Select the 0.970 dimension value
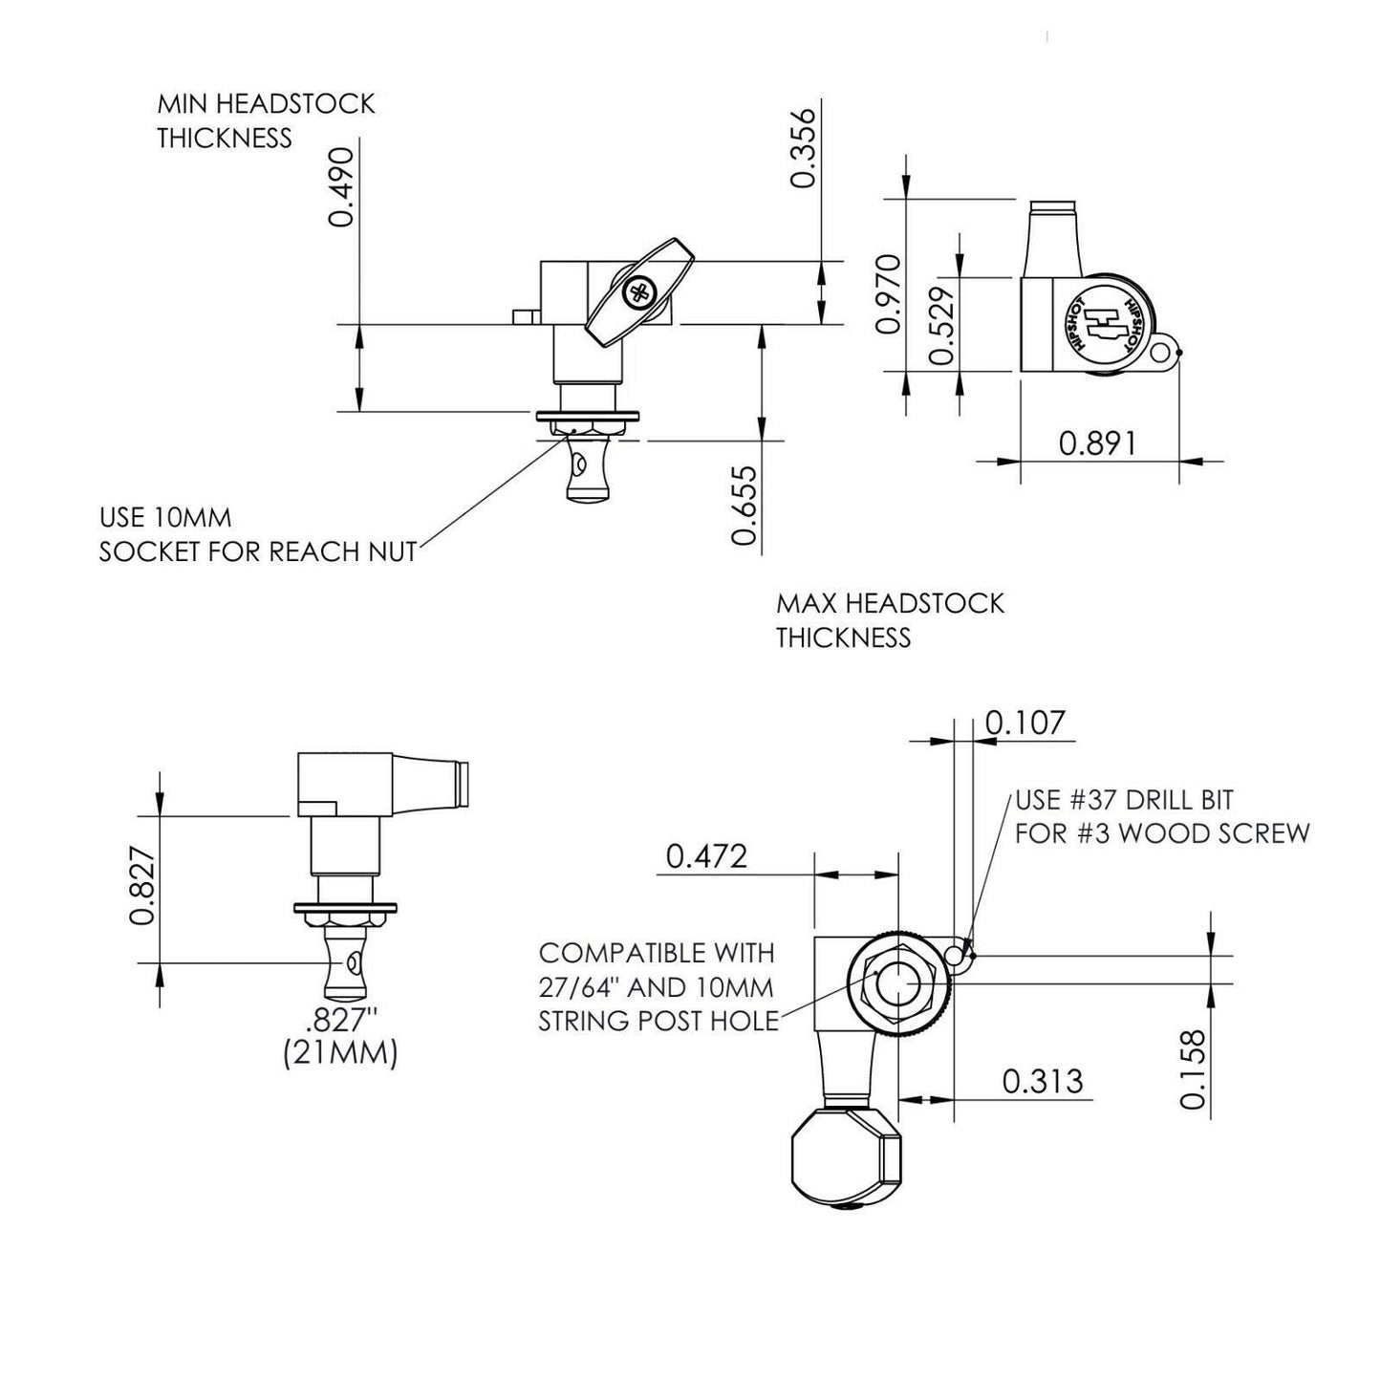(888, 293)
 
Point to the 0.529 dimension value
(942, 324)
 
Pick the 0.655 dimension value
(744, 505)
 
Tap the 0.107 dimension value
(1025, 723)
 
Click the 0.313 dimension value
(1043, 1081)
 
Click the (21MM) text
(339, 1055)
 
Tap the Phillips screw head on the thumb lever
(637, 292)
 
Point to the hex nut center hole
(898, 984)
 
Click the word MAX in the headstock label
(806, 604)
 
